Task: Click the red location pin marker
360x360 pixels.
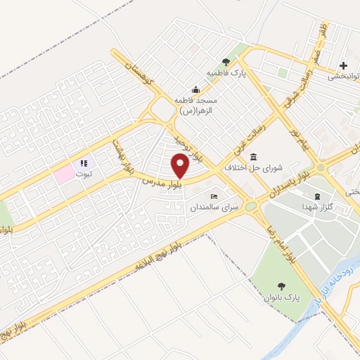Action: pyautogui.click(x=181, y=167)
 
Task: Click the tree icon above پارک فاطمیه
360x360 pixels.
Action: pyautogui.click(x=225, y=62)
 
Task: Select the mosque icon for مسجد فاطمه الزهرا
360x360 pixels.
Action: pyautogui.click(x=195, y=91)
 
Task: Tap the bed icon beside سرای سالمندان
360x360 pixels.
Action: pyautogui.click(x=214, y=196)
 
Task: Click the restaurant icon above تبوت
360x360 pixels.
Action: pyautogui.click(x=84, y=163)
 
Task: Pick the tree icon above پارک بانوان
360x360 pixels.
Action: pyautogui.click(x=283, y=286)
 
